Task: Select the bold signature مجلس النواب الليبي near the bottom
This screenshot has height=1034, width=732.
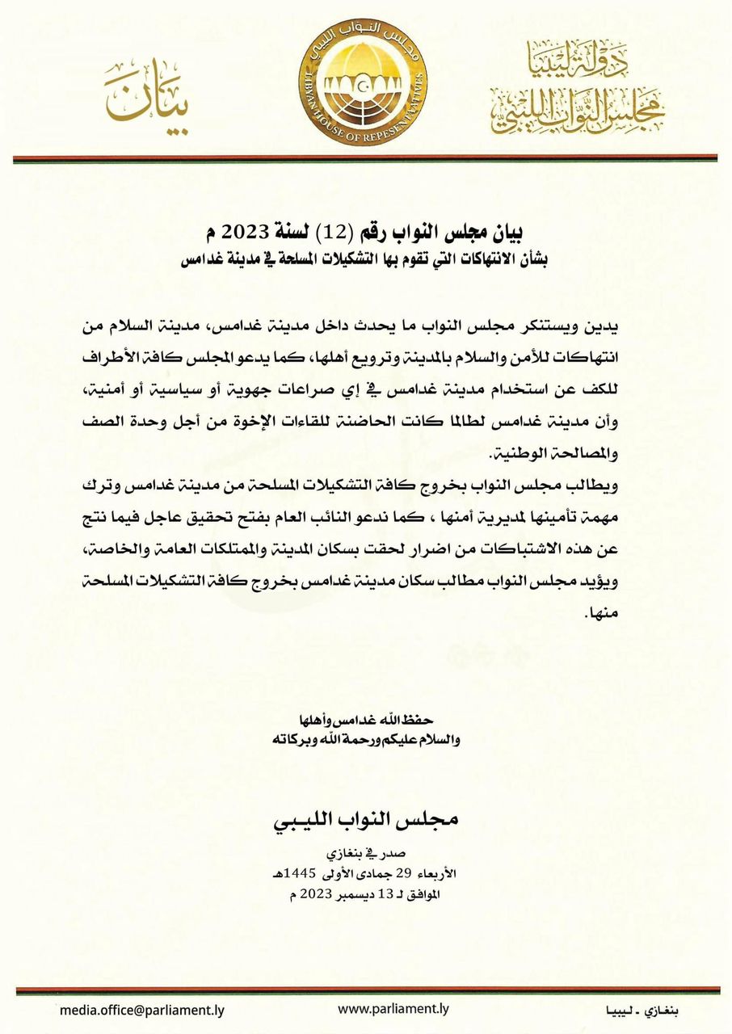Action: click(366, 820)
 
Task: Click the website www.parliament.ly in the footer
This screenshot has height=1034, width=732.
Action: click(393, 1009)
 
